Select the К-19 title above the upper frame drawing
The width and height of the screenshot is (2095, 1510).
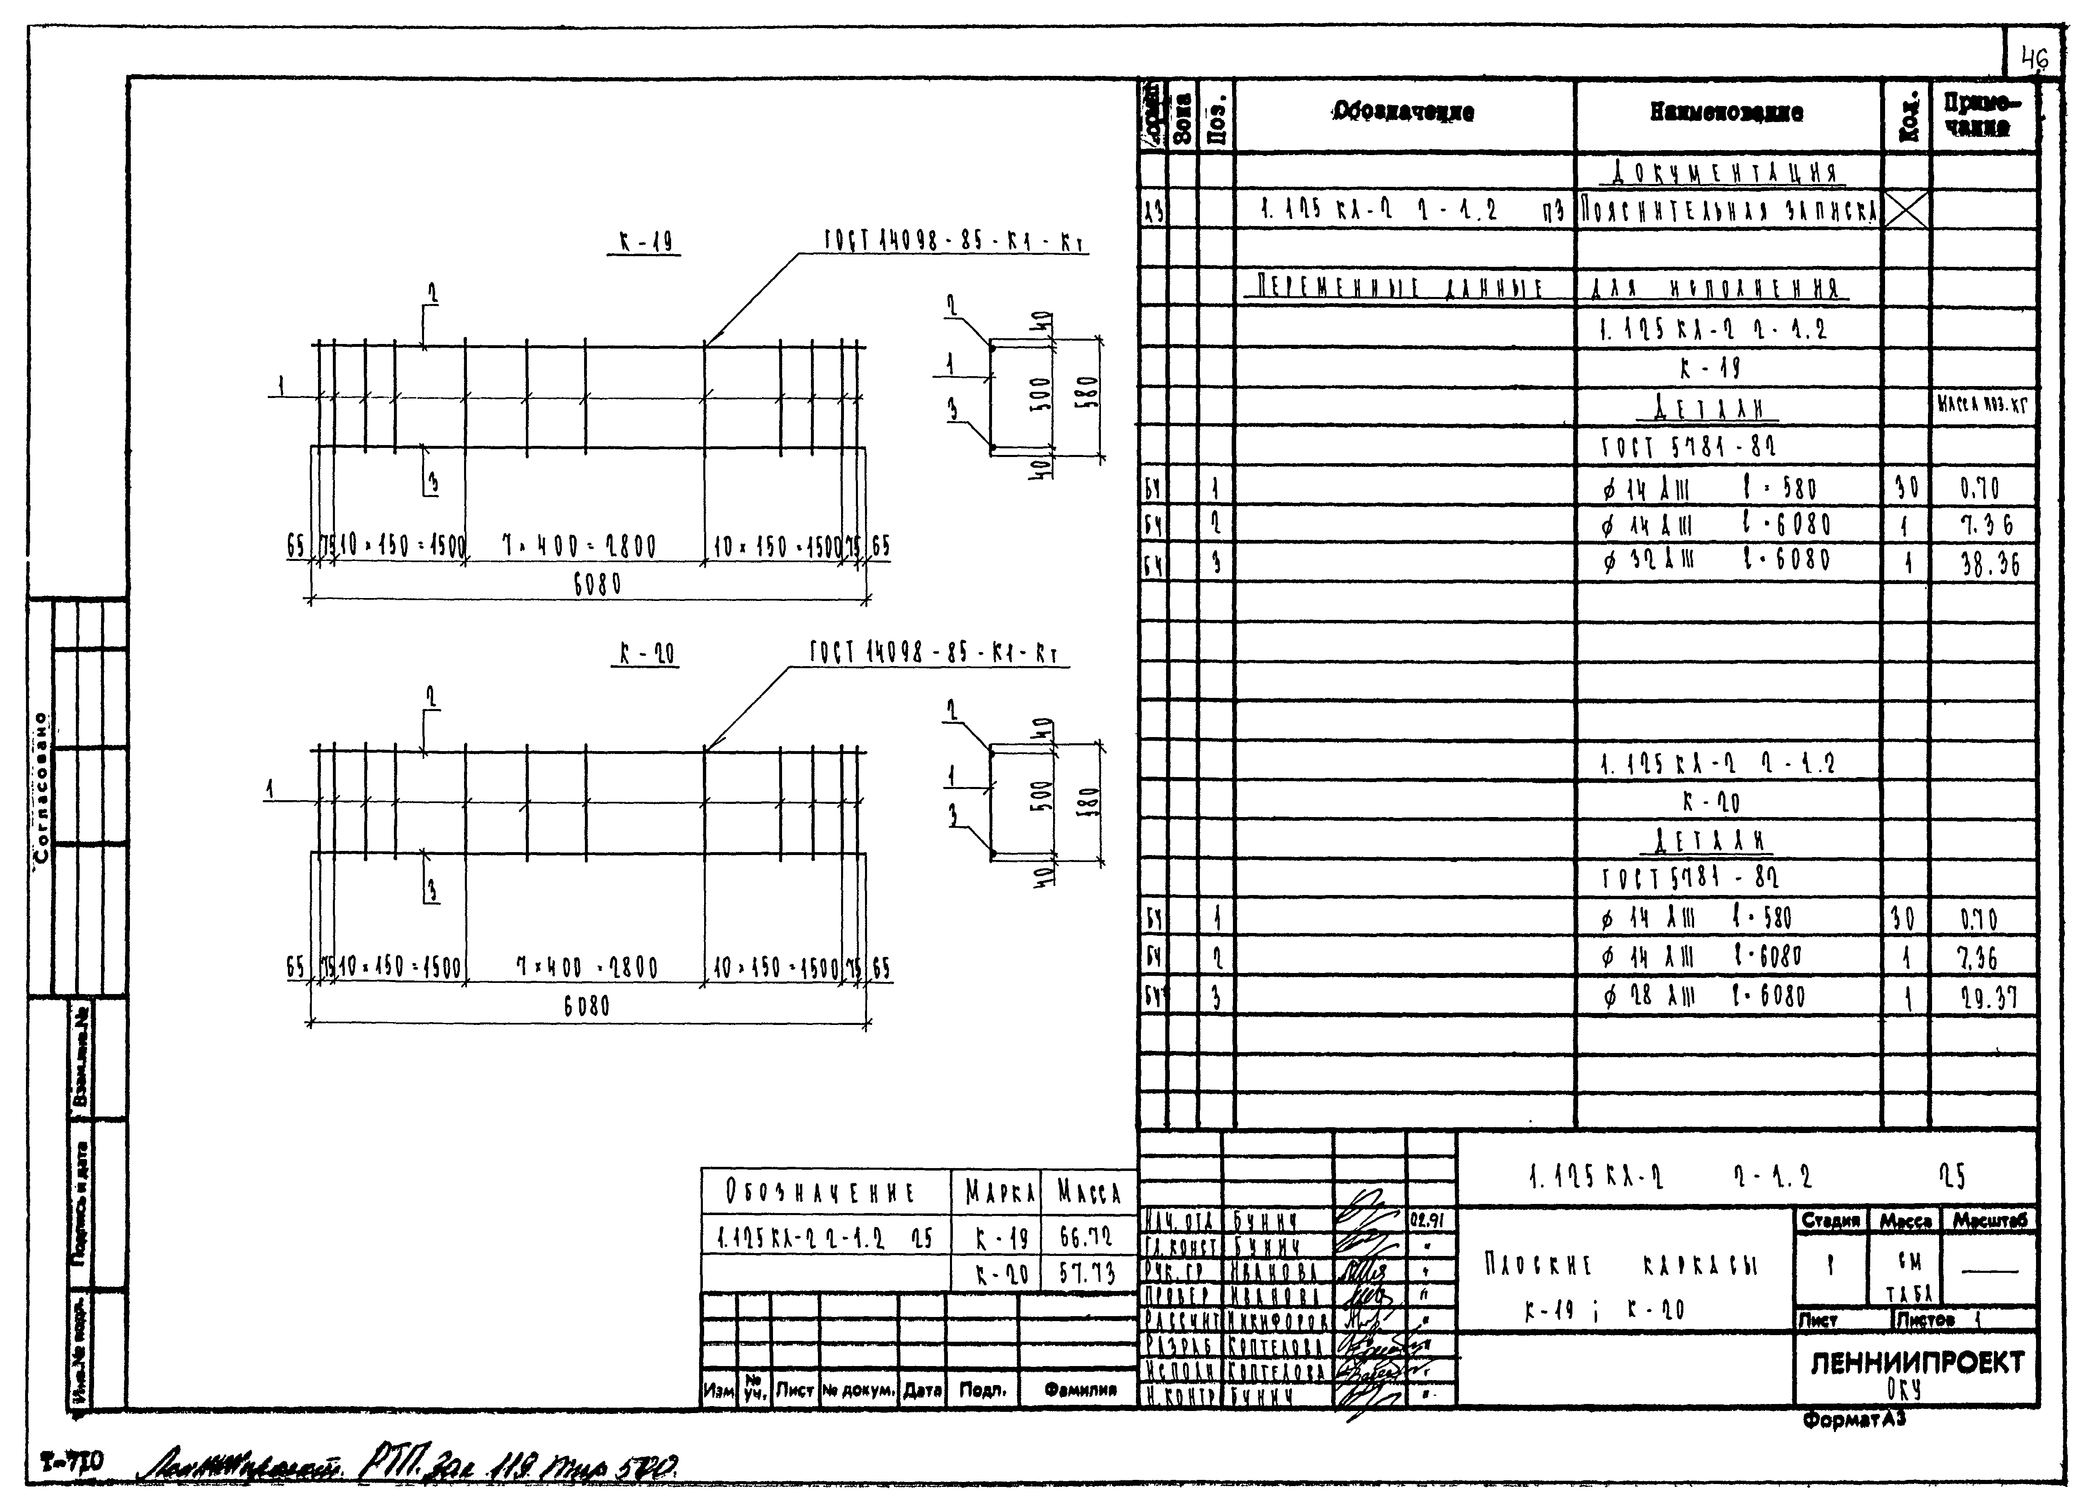pos(646,243)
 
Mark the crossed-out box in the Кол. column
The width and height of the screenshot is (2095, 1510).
pos(1906,212)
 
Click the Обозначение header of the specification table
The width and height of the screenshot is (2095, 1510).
pos(1403,113)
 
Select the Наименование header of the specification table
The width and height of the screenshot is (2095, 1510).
pos(1726,113)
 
